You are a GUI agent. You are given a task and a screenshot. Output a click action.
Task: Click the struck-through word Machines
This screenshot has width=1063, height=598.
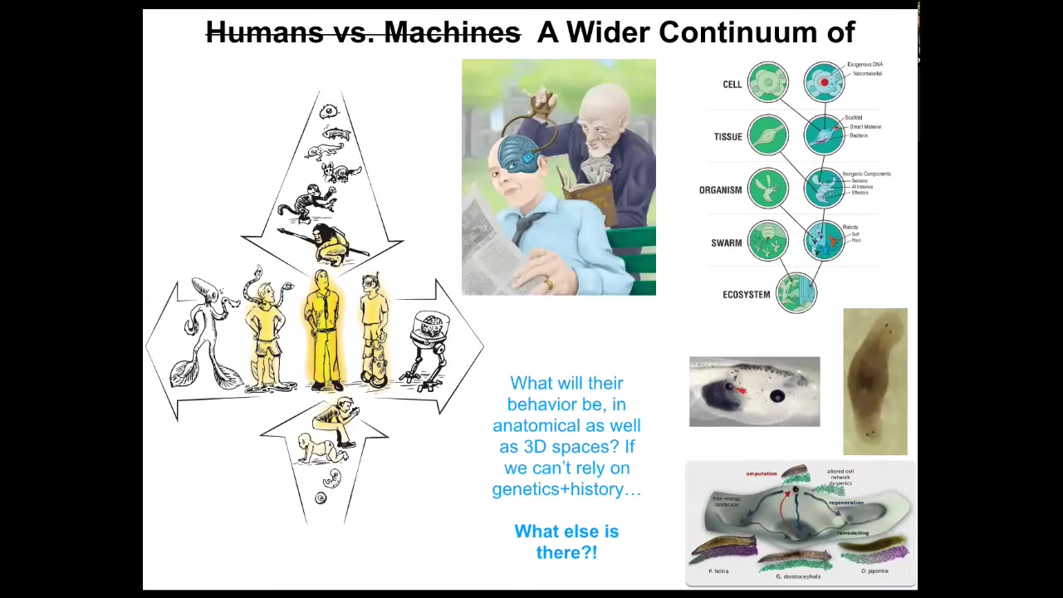point(452,33)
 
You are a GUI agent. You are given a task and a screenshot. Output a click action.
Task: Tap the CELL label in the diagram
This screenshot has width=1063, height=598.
point(732,84)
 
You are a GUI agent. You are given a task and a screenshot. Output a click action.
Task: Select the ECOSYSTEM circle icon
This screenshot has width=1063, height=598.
point(796,293)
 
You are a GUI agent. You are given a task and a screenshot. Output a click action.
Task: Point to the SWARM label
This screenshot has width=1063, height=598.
point(726,243)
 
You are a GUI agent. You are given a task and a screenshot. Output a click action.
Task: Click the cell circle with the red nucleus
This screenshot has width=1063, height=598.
point(823,82)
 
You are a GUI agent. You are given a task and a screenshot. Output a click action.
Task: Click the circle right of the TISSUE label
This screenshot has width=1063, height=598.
point(768,136)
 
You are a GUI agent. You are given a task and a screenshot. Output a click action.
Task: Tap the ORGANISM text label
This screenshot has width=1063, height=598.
point(720,189)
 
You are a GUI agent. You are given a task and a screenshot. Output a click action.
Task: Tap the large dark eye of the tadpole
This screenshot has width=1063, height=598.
point(777,397)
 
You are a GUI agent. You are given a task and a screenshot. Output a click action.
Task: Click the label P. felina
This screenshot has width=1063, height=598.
point(718,571)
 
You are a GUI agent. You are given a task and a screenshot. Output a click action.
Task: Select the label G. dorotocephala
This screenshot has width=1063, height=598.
point(798,576)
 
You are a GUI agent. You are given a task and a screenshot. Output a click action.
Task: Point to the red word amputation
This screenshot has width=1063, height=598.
point(761,473)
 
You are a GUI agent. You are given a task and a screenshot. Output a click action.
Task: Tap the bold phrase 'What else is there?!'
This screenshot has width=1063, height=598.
point(566,542)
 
